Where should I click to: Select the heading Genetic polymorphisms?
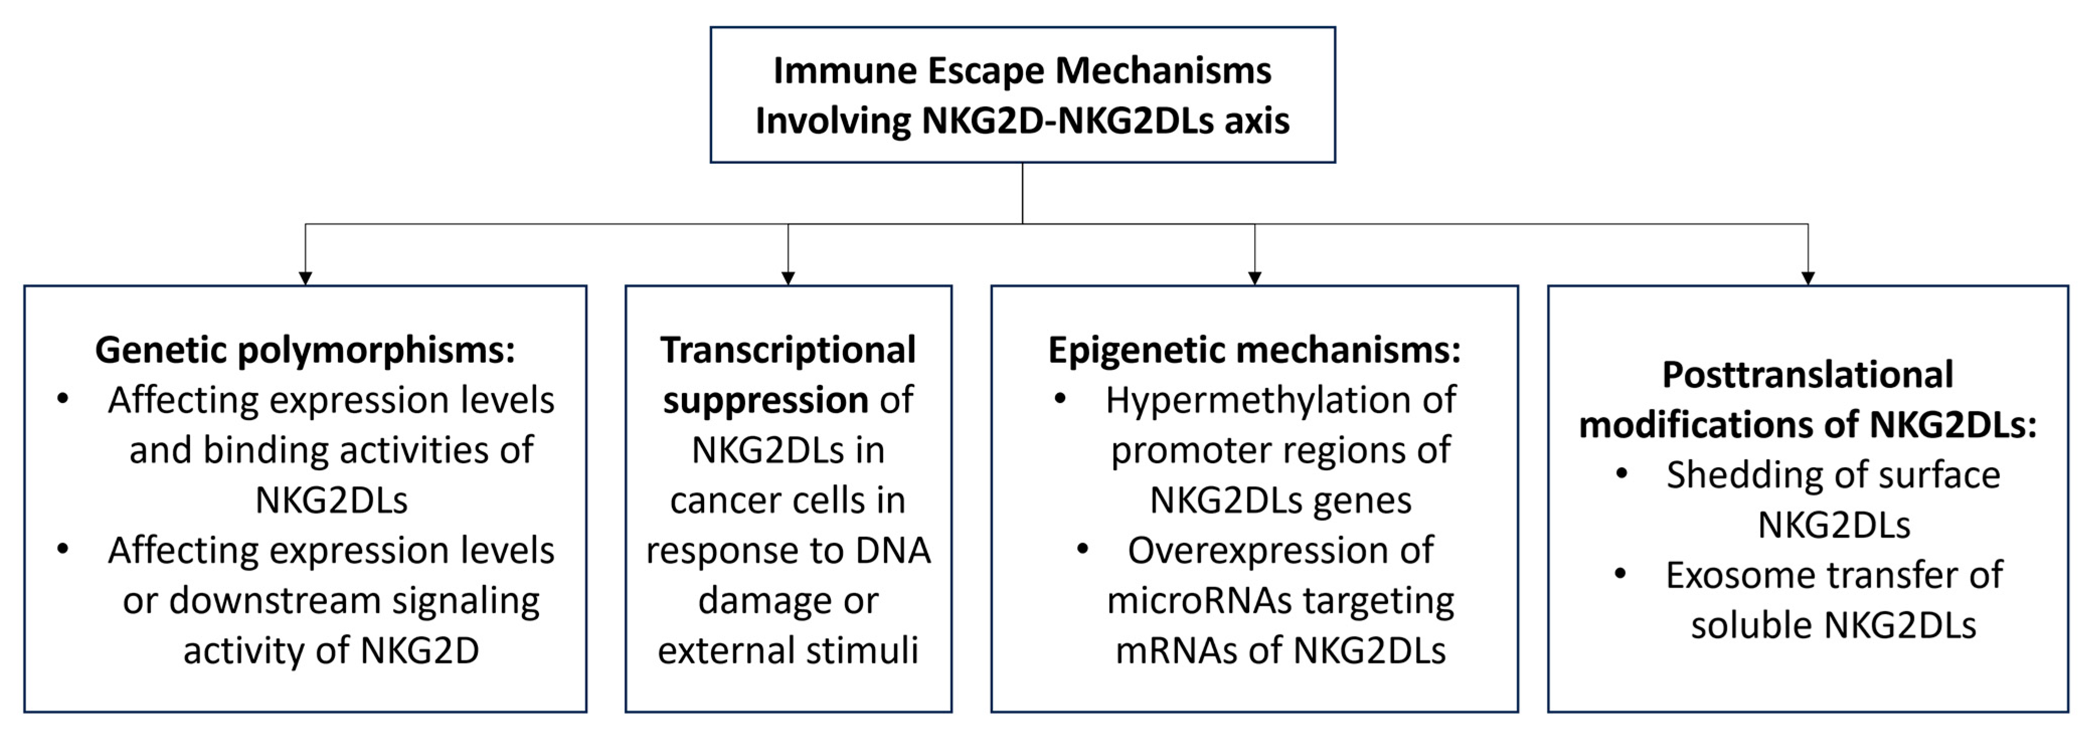(x=305, y=350)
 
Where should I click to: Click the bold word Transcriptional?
(x=788, y=350)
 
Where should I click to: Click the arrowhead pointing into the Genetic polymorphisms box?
(x=305, y=278)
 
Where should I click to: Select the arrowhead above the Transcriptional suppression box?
(x=788, y=278)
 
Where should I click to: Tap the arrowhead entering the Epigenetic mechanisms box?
(x=1255, y=278)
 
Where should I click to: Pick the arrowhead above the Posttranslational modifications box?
(x=1807, y=278)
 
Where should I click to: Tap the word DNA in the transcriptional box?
(x=892, y=551)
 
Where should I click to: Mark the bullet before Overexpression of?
(x=1082, y=550)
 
